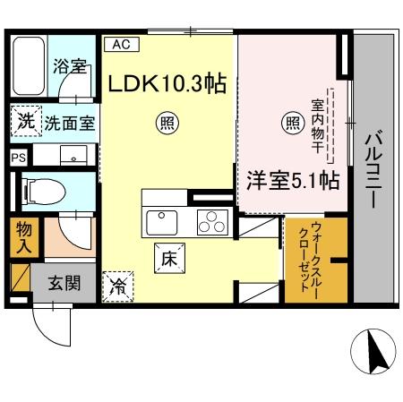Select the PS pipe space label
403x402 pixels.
(17, 156)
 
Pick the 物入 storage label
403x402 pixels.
(24, 236)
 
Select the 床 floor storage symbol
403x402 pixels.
(167, 259)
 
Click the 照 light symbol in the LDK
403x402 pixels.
(167, 121)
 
